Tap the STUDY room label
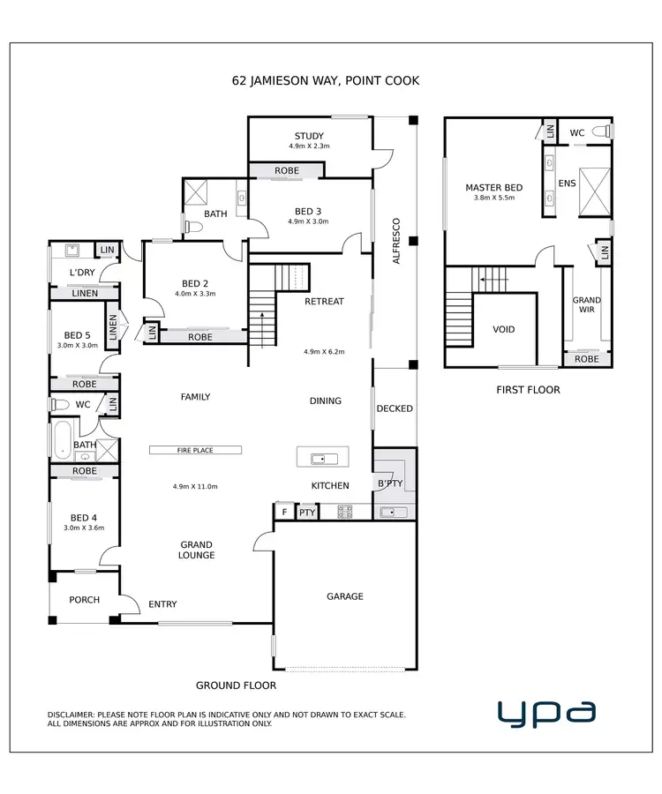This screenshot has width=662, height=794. pos(309,136)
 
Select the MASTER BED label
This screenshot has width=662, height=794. pos(494,188)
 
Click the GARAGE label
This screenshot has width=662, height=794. pos(345,596)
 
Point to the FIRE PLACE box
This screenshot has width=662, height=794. pos(195,450)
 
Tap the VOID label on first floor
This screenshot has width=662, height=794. pos(504,330)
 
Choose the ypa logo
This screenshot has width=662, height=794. pos(546,712)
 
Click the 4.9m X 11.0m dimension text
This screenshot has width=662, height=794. pos(196,486)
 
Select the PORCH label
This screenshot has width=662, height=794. pos(85,600)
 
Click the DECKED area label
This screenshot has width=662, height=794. pos(394,408)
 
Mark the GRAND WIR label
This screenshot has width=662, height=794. pos(587,304)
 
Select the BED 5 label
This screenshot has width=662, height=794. pos(78,335)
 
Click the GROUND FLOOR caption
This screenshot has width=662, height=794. pos(236,685)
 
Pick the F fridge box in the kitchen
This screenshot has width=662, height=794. pos(284,512)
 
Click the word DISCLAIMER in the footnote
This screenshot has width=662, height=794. pos(76,715)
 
